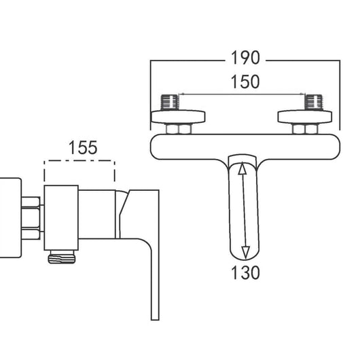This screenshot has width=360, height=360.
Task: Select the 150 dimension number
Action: click(x=245, y=82)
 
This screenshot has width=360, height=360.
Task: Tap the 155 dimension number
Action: click(x=83, y=147)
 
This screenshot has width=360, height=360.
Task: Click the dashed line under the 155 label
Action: click(x=79, y=162)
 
